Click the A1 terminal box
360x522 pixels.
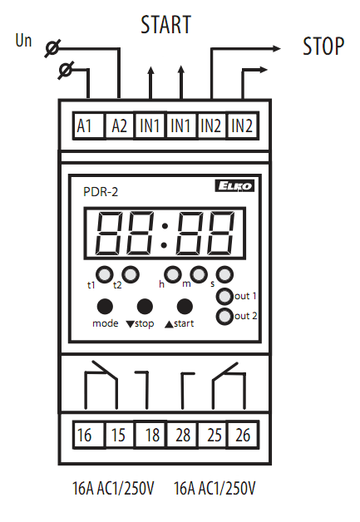coord(88,126)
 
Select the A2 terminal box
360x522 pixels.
coord(119,126)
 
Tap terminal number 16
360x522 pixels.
coord(88,435)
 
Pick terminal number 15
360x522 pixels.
coord(119,435)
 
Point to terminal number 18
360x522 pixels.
coord(150,435)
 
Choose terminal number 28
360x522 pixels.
coord(182,435)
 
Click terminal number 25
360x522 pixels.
coord(213,435)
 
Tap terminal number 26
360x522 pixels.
coord(243,435)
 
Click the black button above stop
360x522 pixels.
coord(145,307)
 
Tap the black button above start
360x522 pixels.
coord(185,307)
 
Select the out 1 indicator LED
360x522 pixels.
coord(224,296)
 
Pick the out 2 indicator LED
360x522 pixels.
coord(224,316)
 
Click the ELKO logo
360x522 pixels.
coord(234,185)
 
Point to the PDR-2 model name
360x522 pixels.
coord(101,192)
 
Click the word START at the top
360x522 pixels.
coord(165,25)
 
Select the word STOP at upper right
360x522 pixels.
coord(323,47)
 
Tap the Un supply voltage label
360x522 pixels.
coord(23,40)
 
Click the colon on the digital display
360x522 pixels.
coord(164,236)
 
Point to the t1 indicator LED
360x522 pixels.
coord(105,274)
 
